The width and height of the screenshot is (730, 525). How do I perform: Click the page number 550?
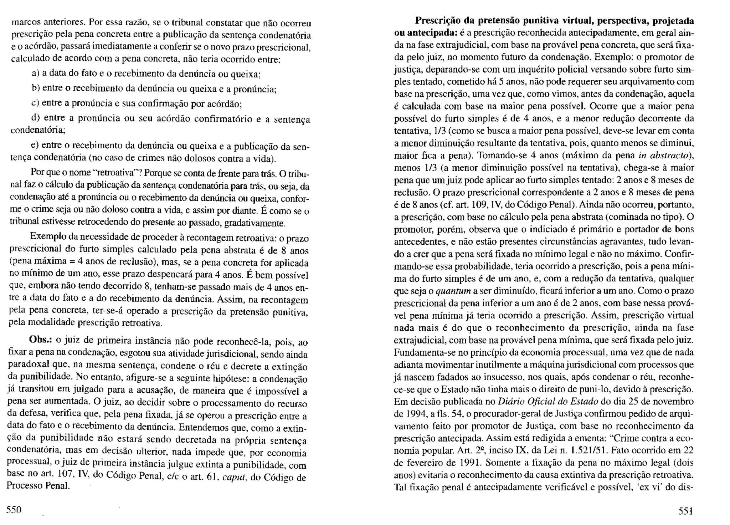[14, 510]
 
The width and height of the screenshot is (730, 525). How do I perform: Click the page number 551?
[685, 511]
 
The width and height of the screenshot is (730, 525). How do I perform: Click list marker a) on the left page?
[35, 74]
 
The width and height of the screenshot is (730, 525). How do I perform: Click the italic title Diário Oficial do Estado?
[547, 402]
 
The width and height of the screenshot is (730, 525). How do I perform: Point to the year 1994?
[414, 414]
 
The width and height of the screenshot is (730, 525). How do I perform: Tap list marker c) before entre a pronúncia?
[35, 103]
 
